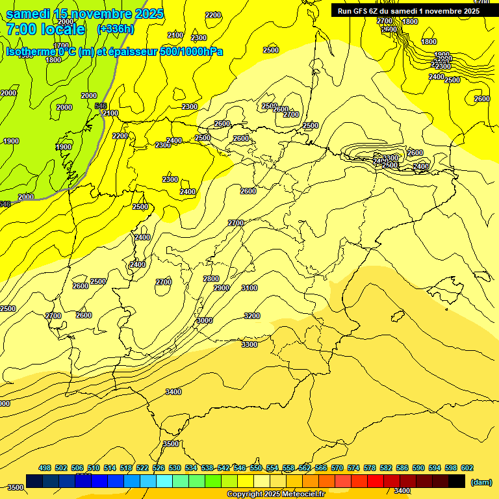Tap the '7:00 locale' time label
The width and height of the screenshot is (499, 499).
point(45,29)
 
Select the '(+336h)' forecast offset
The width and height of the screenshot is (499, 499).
point(116,29)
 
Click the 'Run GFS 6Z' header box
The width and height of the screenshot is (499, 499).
point(409,10)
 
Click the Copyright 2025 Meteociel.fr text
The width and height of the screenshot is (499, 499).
point(275,494)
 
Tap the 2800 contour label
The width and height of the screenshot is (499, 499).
point(211,279)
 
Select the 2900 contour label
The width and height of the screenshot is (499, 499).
point(222,288)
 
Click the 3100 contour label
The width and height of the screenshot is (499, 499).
point(249,288)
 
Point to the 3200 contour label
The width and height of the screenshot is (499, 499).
point(252,316)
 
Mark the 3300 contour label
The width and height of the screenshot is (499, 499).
point(249,344)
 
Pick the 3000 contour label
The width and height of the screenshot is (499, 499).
point(205,320)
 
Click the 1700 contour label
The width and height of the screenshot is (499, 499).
point(62,45)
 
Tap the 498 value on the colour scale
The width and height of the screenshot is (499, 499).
point(45,468)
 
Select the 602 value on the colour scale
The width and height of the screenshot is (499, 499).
point(467,468)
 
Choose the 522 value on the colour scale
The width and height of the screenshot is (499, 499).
point(142,468)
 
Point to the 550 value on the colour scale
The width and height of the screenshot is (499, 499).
point(256,468)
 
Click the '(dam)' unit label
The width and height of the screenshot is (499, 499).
point(481,481)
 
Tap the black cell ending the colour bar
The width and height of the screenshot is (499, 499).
point(457,481)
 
